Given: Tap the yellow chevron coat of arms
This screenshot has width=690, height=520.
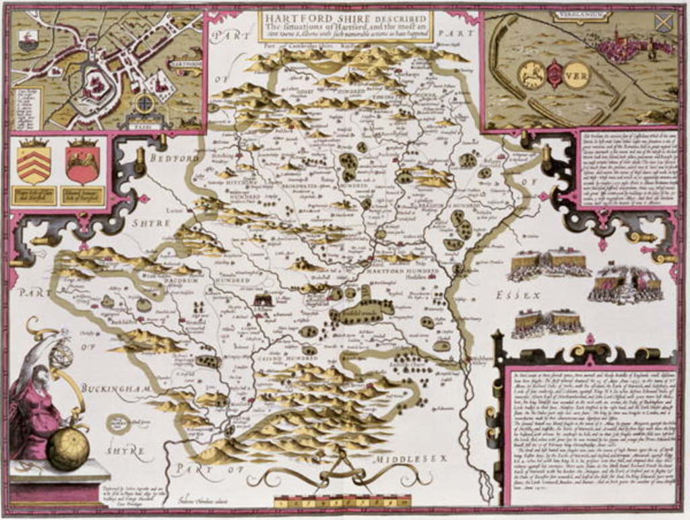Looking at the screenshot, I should [x=34, y=163].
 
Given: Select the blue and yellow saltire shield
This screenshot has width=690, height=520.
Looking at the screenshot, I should [x=663, y=22].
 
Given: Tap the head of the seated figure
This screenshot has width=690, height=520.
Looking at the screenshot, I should [x=40, y=374].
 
